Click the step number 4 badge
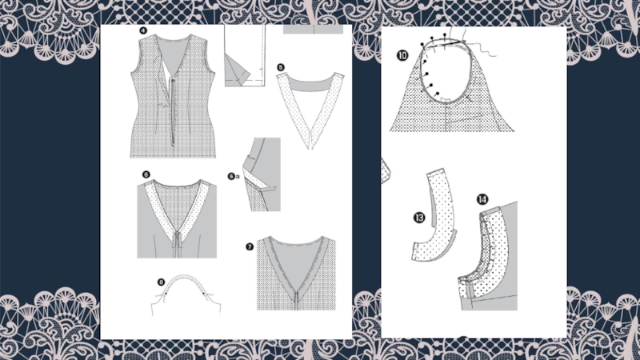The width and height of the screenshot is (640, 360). (143, 30)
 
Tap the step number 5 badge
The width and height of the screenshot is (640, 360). (281, 67)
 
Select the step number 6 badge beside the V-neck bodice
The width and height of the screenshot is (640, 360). (146, 174)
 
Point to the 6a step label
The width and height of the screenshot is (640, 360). (233, 176)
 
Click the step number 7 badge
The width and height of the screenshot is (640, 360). (250, 246)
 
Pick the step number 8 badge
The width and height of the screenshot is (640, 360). (161, 282)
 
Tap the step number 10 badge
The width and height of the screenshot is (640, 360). (402, 55)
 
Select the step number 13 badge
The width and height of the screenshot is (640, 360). (419, 218)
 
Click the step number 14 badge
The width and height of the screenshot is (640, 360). (482, 199)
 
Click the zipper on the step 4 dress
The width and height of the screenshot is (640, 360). (173, 111)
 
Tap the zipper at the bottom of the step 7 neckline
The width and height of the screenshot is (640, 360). (296, 301)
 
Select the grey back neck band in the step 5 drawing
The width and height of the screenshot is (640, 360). (310, 85)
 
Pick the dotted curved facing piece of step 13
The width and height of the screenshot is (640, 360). (434, 216)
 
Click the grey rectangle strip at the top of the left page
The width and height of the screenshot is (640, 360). (313, 29)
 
